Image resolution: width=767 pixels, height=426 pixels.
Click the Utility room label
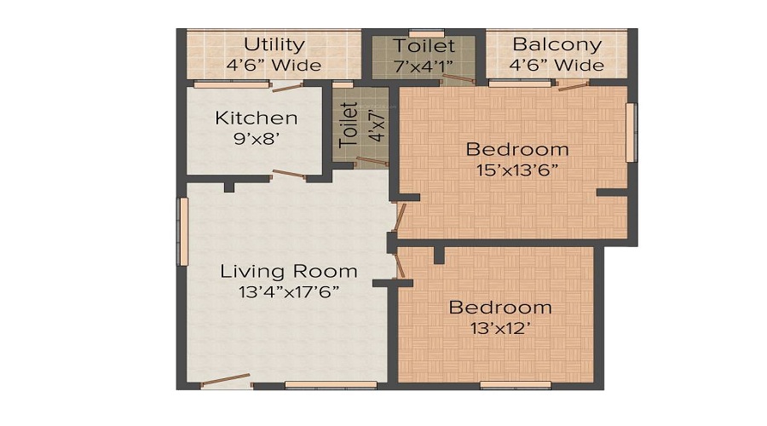[274, 44]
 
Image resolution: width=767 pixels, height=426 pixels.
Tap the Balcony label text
[557, 44]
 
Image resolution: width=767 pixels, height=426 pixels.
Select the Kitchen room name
[256, 118]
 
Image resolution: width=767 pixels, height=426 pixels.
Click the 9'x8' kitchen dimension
[256, 138]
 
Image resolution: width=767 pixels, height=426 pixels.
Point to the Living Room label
[289, 272]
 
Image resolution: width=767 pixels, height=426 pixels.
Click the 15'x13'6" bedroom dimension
[516, 169]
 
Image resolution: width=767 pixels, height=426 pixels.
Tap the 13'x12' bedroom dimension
[500, 328]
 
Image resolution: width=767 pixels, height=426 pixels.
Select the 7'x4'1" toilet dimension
[424, 65]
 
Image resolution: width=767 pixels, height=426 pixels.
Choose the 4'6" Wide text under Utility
[274, 65]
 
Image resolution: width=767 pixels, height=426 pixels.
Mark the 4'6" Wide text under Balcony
[557, 65]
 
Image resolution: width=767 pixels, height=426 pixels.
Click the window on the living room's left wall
[182, 231]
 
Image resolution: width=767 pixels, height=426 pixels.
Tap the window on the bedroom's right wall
[631, 132]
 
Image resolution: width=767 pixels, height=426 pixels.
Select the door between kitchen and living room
[288, 176]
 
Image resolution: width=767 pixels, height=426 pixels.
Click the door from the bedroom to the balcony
[573, 84]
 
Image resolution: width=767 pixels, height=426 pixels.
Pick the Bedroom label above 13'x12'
[500, 308]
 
